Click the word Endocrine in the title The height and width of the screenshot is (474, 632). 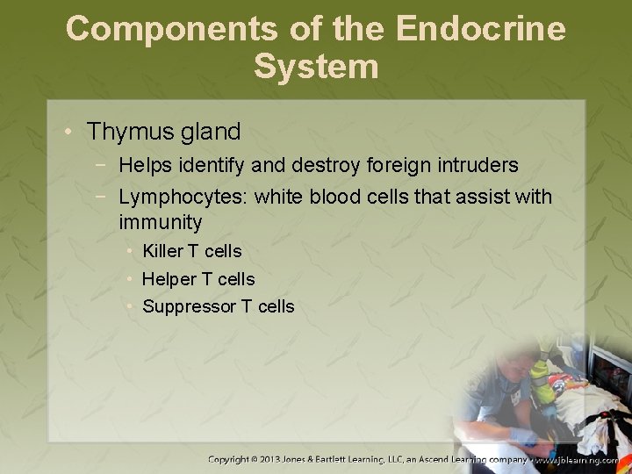pos(481,28)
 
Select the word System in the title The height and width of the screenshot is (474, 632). pos(316,67)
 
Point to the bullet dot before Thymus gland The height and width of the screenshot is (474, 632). pos(69,133)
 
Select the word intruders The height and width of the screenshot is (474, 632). pos(476,165)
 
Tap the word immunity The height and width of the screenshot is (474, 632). pos(161,222)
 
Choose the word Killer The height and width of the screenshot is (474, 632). pos(163,251)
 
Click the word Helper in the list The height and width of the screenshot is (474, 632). pos(169,279)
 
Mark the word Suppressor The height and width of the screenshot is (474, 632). pos(188,307)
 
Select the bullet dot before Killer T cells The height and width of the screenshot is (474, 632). pos(129,251)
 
